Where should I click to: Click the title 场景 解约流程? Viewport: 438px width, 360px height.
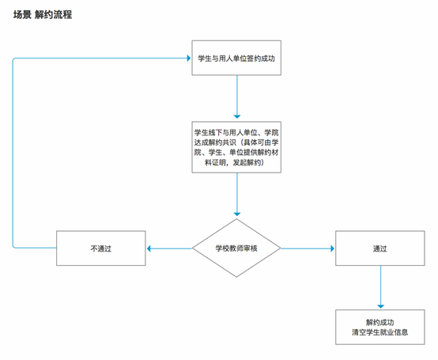point(43,14)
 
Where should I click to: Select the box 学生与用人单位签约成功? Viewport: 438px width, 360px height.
point(236,58)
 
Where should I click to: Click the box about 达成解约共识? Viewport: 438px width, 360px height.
point(236,147)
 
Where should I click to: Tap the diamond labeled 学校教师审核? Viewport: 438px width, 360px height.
point(236,248)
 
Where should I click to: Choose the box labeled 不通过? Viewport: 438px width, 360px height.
point(101,248)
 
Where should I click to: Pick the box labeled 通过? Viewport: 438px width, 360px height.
point(380,248)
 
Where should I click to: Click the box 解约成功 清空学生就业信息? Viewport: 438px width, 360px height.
point(380,327)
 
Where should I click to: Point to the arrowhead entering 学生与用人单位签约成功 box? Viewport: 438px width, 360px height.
point(189,58)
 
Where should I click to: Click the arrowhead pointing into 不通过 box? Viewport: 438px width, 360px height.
point(149,248)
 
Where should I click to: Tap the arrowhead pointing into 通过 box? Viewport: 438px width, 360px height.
point(332,248)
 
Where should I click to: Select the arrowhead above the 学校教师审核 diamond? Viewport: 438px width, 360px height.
point(237,214)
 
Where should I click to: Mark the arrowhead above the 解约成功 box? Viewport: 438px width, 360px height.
point(380,306)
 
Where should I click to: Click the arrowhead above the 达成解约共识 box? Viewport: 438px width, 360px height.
point(237,116)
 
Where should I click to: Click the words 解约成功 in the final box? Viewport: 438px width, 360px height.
point(380,322)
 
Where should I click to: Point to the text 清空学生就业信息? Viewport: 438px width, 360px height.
point(380,332)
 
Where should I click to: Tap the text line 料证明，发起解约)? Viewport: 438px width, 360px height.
point(235,162)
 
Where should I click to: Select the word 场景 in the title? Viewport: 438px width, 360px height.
point(22,14)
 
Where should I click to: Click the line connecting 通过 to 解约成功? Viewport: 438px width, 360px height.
point(380,285)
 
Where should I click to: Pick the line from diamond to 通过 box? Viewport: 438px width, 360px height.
point(306,248)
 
